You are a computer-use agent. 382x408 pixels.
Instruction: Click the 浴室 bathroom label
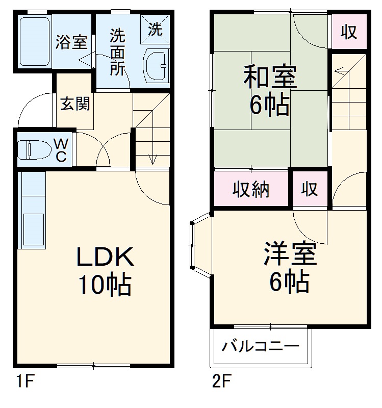[71, 42]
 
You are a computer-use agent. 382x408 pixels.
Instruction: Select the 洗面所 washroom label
[118, 53]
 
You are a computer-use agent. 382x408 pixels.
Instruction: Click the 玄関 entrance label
[75, 104]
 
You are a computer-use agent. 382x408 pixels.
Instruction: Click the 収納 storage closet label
[251, 189]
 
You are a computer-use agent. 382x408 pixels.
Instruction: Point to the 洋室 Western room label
[290, 254]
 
